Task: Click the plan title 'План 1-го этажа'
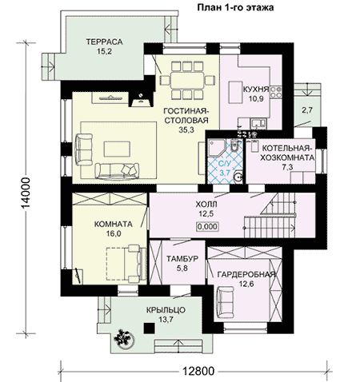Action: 235,7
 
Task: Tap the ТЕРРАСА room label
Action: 104,42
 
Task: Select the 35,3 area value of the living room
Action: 186,129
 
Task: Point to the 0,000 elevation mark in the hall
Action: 207,227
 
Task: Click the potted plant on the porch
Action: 124,339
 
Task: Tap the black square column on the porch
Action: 150,328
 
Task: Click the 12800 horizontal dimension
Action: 198,371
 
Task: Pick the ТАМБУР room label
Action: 182,259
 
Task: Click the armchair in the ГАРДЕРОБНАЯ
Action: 225,302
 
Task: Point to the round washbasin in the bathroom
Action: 237,177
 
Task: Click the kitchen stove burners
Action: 276,92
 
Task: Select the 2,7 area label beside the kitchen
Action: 307,109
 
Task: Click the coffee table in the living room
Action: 117,149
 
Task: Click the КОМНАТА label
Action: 114,225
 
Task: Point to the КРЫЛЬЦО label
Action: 166,310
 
